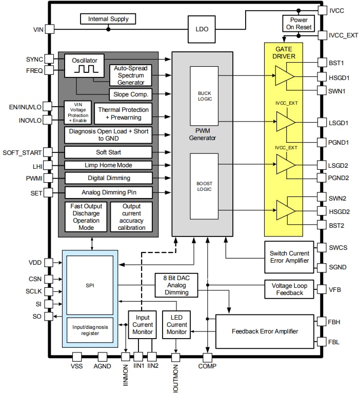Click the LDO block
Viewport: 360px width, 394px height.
tap(202, 29)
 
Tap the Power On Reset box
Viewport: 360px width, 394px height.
tap(295, 23)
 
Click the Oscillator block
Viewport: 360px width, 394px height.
tap(85, 64)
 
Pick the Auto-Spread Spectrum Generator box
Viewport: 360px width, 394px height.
tap(130, 75)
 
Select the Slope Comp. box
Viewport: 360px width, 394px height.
tap(130, 94)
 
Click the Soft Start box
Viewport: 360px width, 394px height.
tap(108, 152)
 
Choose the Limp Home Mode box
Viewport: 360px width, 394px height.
tap(108, 165)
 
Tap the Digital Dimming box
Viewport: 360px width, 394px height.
tap(108, 178)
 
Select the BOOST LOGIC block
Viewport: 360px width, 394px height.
tap(205, 186)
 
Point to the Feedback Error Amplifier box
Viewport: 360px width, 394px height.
tap(265, 331)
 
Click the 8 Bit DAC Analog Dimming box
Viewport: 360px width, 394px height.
tap(176, 285)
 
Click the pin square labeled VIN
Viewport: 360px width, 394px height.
tap(50, 30)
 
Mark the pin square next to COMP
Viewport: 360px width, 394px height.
tap(208, 356)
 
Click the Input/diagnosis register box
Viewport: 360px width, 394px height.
tap(90, 329)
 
